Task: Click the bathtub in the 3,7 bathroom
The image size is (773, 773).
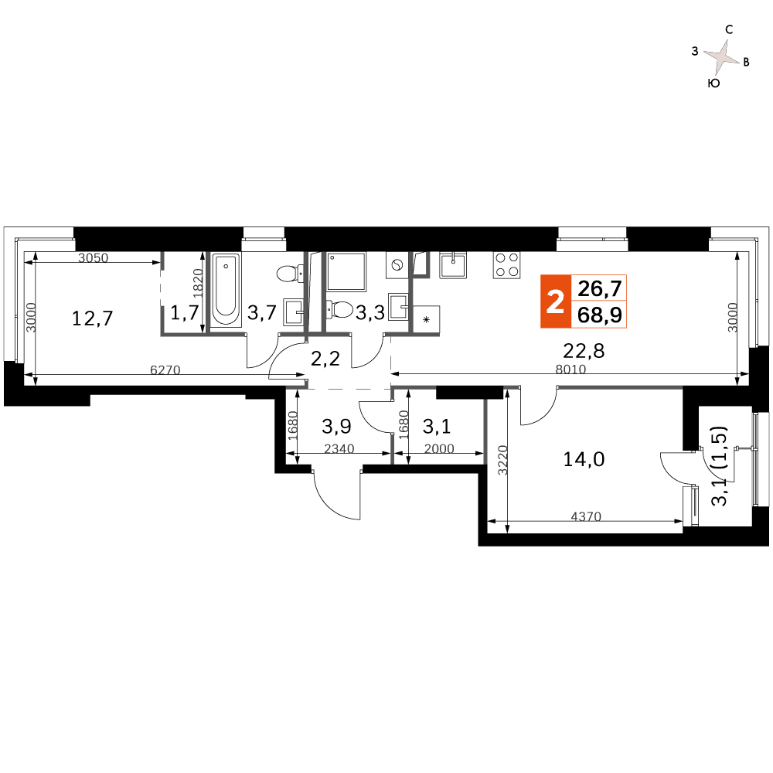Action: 226,289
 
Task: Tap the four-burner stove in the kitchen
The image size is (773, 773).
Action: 506,264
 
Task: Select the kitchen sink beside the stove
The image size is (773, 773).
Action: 453,264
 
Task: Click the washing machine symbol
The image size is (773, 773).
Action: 397,265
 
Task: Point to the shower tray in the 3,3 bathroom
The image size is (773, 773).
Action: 346,271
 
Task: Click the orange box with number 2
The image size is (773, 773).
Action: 556,301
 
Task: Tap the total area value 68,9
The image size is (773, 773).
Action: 600,315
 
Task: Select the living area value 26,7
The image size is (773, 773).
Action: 600,288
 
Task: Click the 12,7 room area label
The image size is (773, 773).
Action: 92,318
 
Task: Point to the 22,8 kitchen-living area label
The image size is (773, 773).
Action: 584,351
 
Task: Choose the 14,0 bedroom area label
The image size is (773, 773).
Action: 584,459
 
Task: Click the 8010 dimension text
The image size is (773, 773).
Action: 570,369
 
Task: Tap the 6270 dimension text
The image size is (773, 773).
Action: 165,369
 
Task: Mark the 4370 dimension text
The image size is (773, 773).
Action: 586,516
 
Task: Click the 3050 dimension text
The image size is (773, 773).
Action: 94,257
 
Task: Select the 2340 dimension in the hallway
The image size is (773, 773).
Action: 339,448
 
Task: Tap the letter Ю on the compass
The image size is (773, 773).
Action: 713,83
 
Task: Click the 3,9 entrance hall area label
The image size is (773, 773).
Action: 336,427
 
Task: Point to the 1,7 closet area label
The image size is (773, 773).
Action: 185,312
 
